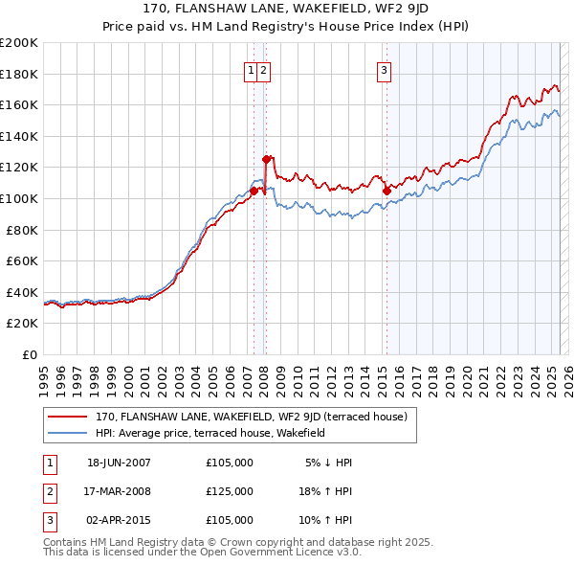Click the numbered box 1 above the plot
pyautogui.click(x=251, y=69)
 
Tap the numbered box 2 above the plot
pyautogui.click(x=263, y=69)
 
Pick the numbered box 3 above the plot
pyautogui.click(x=384, y=69)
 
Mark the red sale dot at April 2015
pyautogui.click(x=386, y=191)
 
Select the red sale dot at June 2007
pyautogui.click(x=254, y=191)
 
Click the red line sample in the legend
pyautogui.click(x=67, y=418)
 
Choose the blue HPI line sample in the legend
pyautogui.click(x=67, y=433)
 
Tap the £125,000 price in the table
pyautogui.click(x=230, y=491)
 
